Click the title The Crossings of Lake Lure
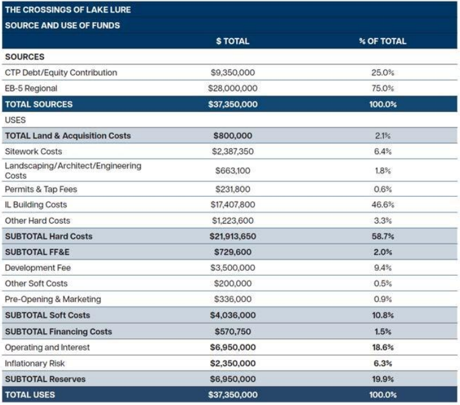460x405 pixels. [67, 10]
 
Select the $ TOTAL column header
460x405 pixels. [232, 41]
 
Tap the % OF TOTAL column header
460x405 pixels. [383, 41]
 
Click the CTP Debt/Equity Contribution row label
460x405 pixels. [61, 72]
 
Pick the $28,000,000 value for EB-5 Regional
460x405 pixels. [232, 88]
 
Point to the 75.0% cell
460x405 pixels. [383, 88]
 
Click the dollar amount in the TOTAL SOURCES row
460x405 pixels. [232, 104]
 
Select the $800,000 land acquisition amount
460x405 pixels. [232, 135]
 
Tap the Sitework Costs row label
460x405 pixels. [33, 151]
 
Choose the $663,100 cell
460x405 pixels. [232, 170]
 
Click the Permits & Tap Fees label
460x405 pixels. [41, 189]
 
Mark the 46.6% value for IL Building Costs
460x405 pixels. [383, 205]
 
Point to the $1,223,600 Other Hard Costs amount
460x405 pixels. [232, 221]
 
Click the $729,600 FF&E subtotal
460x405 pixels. [232, 252]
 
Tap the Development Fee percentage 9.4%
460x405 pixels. [383, 268]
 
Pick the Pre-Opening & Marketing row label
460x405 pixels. [53, 299]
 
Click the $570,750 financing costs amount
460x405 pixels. [232, 331]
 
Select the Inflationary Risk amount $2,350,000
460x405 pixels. [232, 363]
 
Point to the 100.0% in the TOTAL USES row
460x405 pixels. [383, 395]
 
